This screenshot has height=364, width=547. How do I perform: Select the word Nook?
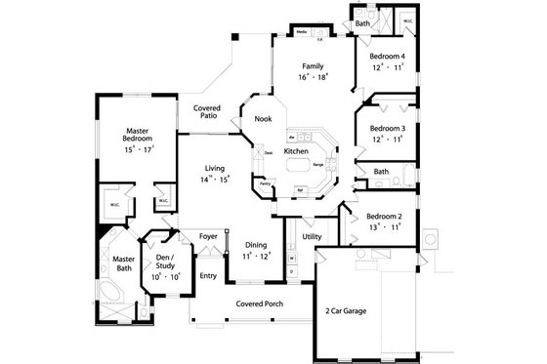pyautogui.click(x=263, y=119)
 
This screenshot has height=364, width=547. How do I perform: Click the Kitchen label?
pyautogui.click(x=296, y=152)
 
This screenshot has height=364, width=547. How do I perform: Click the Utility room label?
pyautogui.click(x=312, y=237)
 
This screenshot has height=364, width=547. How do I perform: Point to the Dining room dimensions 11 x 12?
pyautogui.click(x=256, y=257)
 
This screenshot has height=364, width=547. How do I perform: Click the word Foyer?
pyautogui.click(x=208, y=236)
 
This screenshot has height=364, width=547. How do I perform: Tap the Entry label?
pyautogui.click(x=208, y=276)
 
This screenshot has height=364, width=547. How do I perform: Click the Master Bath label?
pyautogui.click(x=123, y=264)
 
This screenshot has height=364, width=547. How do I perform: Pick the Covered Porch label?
pyautogui.click(x=259, y=303)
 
